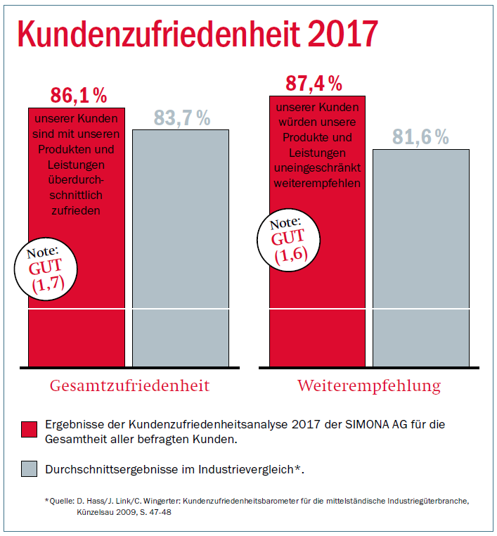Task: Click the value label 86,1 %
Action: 78,94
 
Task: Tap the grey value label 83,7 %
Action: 182,118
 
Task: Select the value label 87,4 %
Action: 314,83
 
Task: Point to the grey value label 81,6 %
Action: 420,137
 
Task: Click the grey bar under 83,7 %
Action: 181,246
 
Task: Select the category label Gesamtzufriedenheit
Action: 129,386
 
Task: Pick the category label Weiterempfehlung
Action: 369,386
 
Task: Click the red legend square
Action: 30,429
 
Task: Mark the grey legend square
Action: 30,469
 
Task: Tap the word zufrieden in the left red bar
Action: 76,210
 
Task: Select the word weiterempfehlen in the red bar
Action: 318,184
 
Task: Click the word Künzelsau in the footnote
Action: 98,512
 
